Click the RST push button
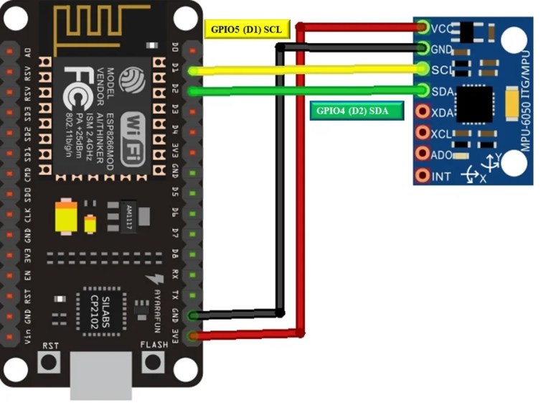pos(50,361)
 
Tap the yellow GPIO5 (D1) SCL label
pos(246,29)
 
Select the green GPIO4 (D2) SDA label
pos(356,111)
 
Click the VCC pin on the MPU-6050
pos(422,28)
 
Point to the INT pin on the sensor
pos(422,175)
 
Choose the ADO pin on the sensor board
pos(422,154)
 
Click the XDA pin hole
pos(422,111)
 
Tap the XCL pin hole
pos(422,133)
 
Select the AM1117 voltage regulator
pos(129,213)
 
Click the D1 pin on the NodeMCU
pos(192,70)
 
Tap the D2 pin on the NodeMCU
pos(192,91)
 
